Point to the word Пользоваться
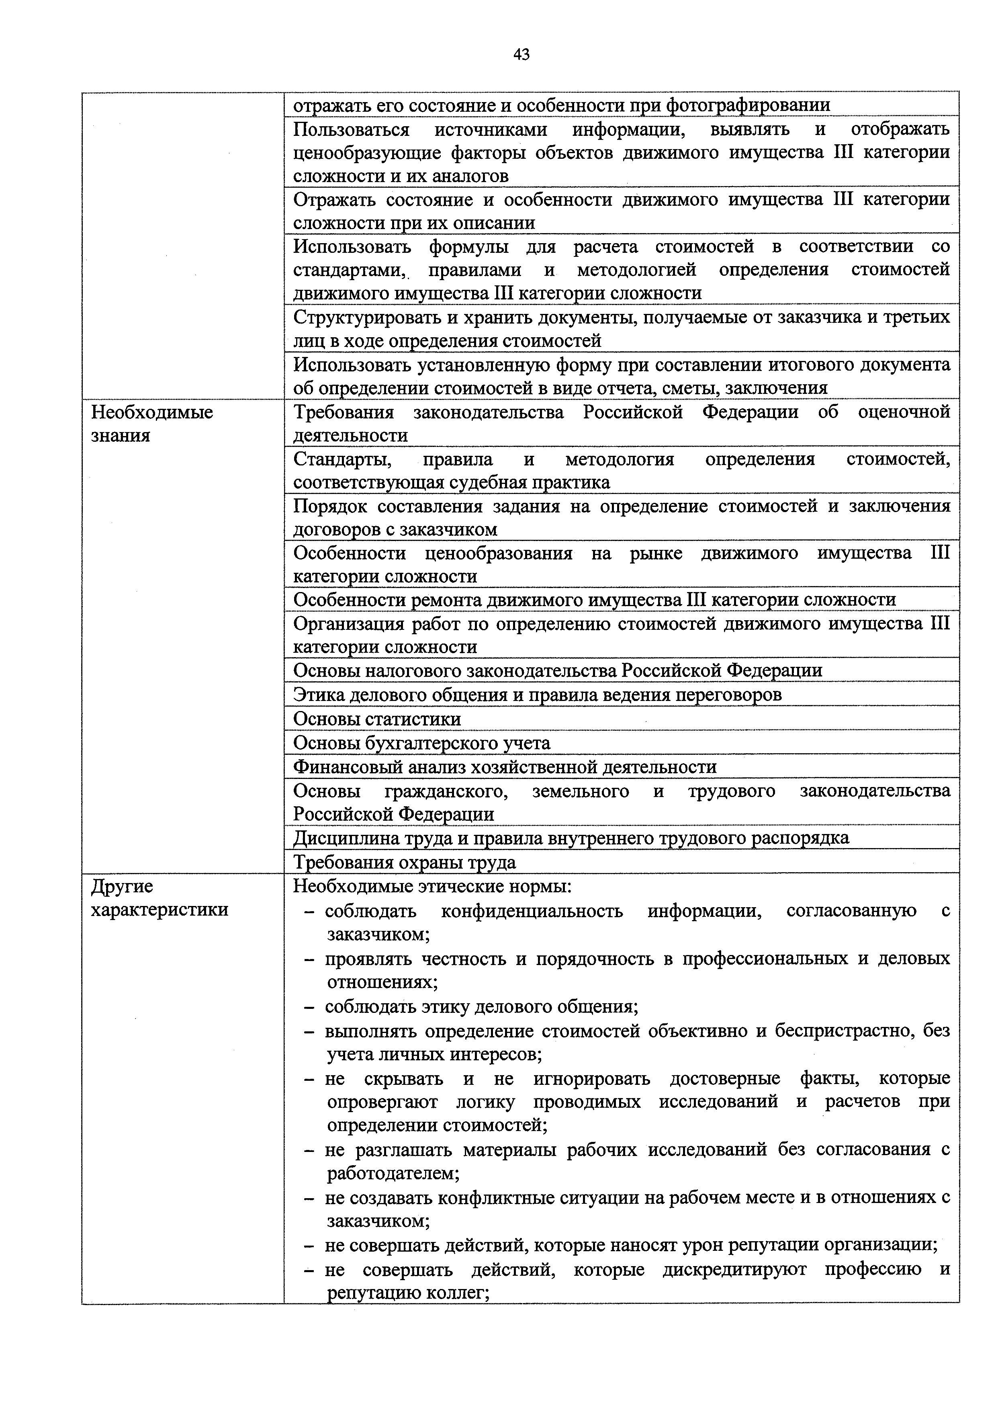351,130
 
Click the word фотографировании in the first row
748,105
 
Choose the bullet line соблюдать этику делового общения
481,1007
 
